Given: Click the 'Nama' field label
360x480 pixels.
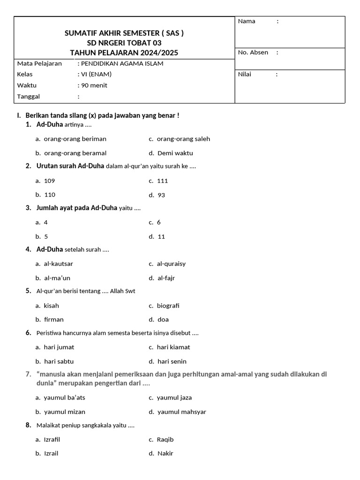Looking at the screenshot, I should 247,21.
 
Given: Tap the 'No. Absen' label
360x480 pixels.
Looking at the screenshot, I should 253,52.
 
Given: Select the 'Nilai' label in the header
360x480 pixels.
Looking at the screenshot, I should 244,74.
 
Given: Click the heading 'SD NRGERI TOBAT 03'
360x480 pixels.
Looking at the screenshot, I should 124,43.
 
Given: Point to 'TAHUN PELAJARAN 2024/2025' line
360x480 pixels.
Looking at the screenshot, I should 124,52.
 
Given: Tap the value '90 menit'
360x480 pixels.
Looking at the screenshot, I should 94,85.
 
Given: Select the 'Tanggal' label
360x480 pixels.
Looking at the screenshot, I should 29,97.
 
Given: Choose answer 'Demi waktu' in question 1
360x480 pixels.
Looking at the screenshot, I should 175,153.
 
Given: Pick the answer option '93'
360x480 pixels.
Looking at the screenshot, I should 161,195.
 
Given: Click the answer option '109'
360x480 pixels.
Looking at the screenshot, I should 49,180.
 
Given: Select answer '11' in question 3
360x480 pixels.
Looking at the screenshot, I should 161,237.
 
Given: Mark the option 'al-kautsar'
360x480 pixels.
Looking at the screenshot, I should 58,264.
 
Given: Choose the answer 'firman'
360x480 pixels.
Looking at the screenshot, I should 53,320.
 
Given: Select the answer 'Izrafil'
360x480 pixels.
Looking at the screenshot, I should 52,440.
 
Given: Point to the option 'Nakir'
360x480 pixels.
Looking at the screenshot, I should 165,454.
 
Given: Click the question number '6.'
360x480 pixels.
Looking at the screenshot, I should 29,333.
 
